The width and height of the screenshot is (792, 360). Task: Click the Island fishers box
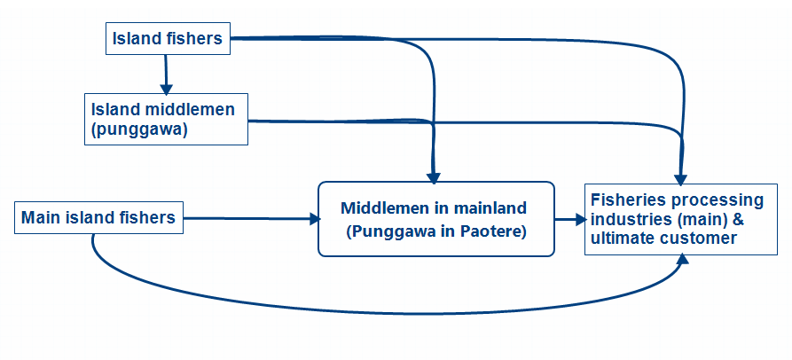[x=168, y=38]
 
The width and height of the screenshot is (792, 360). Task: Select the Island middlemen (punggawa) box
[x=166, y=119]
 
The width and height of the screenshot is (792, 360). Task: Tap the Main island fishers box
[x=98, y=217]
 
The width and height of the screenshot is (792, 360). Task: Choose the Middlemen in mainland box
[x=436, y=219]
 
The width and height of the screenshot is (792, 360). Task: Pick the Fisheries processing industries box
[x=681, y=219]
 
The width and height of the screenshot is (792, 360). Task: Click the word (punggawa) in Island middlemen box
[x=139, y=129]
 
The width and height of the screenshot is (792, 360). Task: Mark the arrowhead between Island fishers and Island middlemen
[x=166, y=89]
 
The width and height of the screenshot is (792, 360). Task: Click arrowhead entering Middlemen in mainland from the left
[x=315, y=219]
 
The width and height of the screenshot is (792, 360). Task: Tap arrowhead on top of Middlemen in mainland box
[x=434, y=177]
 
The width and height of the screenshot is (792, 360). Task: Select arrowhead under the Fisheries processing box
[x=683, y=259]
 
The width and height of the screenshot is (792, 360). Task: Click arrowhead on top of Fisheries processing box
[x=681, y=180]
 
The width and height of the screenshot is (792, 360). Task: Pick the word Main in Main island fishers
[x=37, y=217]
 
